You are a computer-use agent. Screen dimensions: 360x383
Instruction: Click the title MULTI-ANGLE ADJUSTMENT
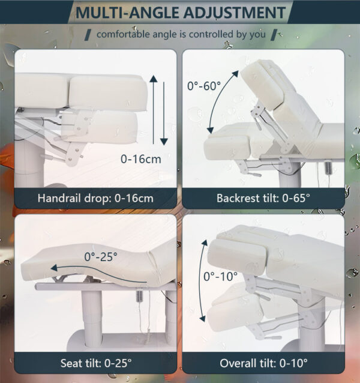pos(181,12)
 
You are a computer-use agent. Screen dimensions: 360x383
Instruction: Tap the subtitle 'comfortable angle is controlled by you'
pos(181,34)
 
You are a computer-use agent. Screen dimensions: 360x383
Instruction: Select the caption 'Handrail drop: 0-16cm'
pos(95,198)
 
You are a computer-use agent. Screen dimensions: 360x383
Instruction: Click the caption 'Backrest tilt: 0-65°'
pos(263,198)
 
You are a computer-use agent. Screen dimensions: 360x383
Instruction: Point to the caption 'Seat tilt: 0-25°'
pos(96,363)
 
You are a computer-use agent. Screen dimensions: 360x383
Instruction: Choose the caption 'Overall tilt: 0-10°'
pos(263,363)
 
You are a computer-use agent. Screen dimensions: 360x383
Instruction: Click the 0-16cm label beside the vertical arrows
pos(141,159)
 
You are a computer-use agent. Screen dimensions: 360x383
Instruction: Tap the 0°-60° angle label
pos(204,86)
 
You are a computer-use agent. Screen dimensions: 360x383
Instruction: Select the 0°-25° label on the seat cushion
pos(101,257)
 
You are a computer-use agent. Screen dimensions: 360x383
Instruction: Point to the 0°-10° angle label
pos(221,277)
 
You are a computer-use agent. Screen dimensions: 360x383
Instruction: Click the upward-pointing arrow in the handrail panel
pos(154,110)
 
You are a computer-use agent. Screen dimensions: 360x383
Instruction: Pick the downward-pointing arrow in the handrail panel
pos(164,113)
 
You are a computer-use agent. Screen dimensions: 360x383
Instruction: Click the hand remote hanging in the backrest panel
pos(328,167)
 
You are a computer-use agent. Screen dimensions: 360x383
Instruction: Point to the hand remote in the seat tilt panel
pos(140,296)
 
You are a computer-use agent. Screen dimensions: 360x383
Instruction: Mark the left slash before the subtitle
pos(88,34)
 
